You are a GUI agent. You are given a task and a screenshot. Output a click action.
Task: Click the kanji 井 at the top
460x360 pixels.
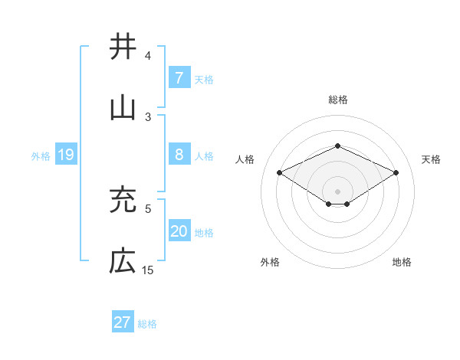click(x=123, y=47)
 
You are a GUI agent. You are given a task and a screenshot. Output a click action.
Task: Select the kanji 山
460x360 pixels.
click(x=123, y=107)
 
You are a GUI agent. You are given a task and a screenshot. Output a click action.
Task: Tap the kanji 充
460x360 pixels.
click(x=123, y=201)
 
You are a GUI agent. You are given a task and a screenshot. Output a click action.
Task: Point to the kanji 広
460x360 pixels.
click(x=123, y=262)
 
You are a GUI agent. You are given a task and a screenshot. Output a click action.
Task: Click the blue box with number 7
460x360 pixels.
click(x=179, y=77)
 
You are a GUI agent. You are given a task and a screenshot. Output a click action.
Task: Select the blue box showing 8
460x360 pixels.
click(x=179, y=155)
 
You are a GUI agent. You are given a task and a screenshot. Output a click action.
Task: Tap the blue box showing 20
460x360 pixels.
click(x=179, y=231)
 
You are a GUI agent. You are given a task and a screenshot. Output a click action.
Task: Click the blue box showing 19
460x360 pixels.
click(x=65, y=155)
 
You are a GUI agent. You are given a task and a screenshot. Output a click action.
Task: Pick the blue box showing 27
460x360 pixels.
click(x=123, y=322)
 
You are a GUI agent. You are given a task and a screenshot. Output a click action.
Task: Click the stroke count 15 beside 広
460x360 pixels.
click(x=148, y=270)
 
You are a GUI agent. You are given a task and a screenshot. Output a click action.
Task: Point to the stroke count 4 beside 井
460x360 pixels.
click(x=148, y=56)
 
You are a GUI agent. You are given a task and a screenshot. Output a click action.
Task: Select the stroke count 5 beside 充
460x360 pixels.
click(x=148, y=208)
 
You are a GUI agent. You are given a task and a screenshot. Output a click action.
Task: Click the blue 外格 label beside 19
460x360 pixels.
click(x=41, y=155)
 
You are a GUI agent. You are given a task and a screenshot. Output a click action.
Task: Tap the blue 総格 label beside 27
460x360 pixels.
click(x=147, y=323)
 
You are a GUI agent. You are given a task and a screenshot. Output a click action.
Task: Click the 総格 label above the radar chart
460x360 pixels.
click(x=337, y=100)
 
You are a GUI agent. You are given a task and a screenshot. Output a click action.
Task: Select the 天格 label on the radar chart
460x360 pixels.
click(x=431, y=159)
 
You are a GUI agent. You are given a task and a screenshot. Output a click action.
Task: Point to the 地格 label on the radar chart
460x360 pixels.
click(x=402, y=262)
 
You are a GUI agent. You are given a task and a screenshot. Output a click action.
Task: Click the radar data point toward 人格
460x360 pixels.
click(x=280, y=173)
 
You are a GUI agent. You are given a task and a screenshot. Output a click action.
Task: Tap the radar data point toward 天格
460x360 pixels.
click(x=396, y=173)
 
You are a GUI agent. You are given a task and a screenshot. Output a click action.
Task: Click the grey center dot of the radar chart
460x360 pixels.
click(x=337, y=190)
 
